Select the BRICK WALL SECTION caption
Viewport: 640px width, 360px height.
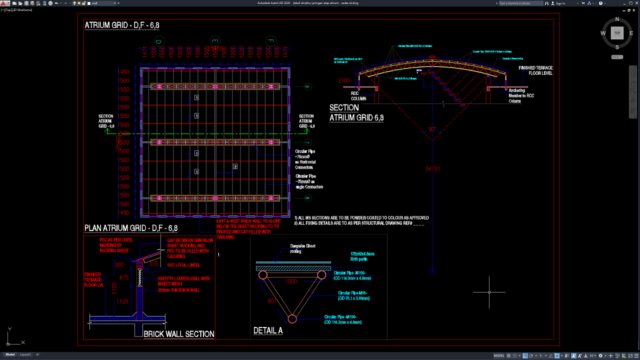(x=179, y=334)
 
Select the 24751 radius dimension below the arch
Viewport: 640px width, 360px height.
(x=433, y=168)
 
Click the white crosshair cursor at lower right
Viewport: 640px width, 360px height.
(x=489, y=293)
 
